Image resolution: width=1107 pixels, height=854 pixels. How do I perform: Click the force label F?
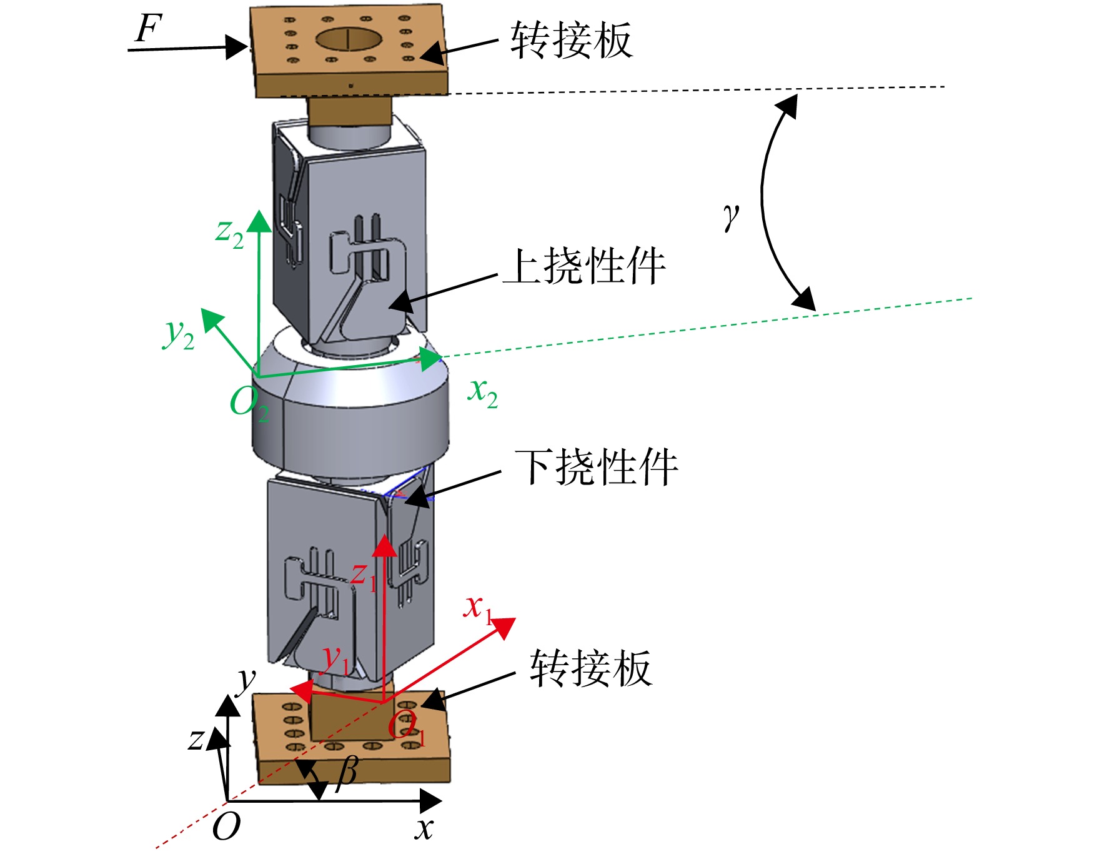[149, 29]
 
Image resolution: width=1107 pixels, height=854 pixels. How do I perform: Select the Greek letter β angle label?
[347, 773]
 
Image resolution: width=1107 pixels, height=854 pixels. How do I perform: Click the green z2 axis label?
[229, 233]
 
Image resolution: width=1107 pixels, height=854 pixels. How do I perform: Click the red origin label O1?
[406, 727]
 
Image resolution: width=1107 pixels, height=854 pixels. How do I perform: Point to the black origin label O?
[226, 826]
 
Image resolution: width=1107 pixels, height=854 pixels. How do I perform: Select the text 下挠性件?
[597, 467]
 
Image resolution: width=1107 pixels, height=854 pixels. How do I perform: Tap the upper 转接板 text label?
[572, 40]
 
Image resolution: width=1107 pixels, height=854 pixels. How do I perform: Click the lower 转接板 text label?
[591, 668]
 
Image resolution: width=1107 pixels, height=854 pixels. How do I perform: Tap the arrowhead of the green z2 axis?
[259, 221]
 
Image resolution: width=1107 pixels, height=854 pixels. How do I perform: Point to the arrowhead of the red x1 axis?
[503, 627]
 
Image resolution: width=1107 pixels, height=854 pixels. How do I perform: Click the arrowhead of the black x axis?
[430, 801]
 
